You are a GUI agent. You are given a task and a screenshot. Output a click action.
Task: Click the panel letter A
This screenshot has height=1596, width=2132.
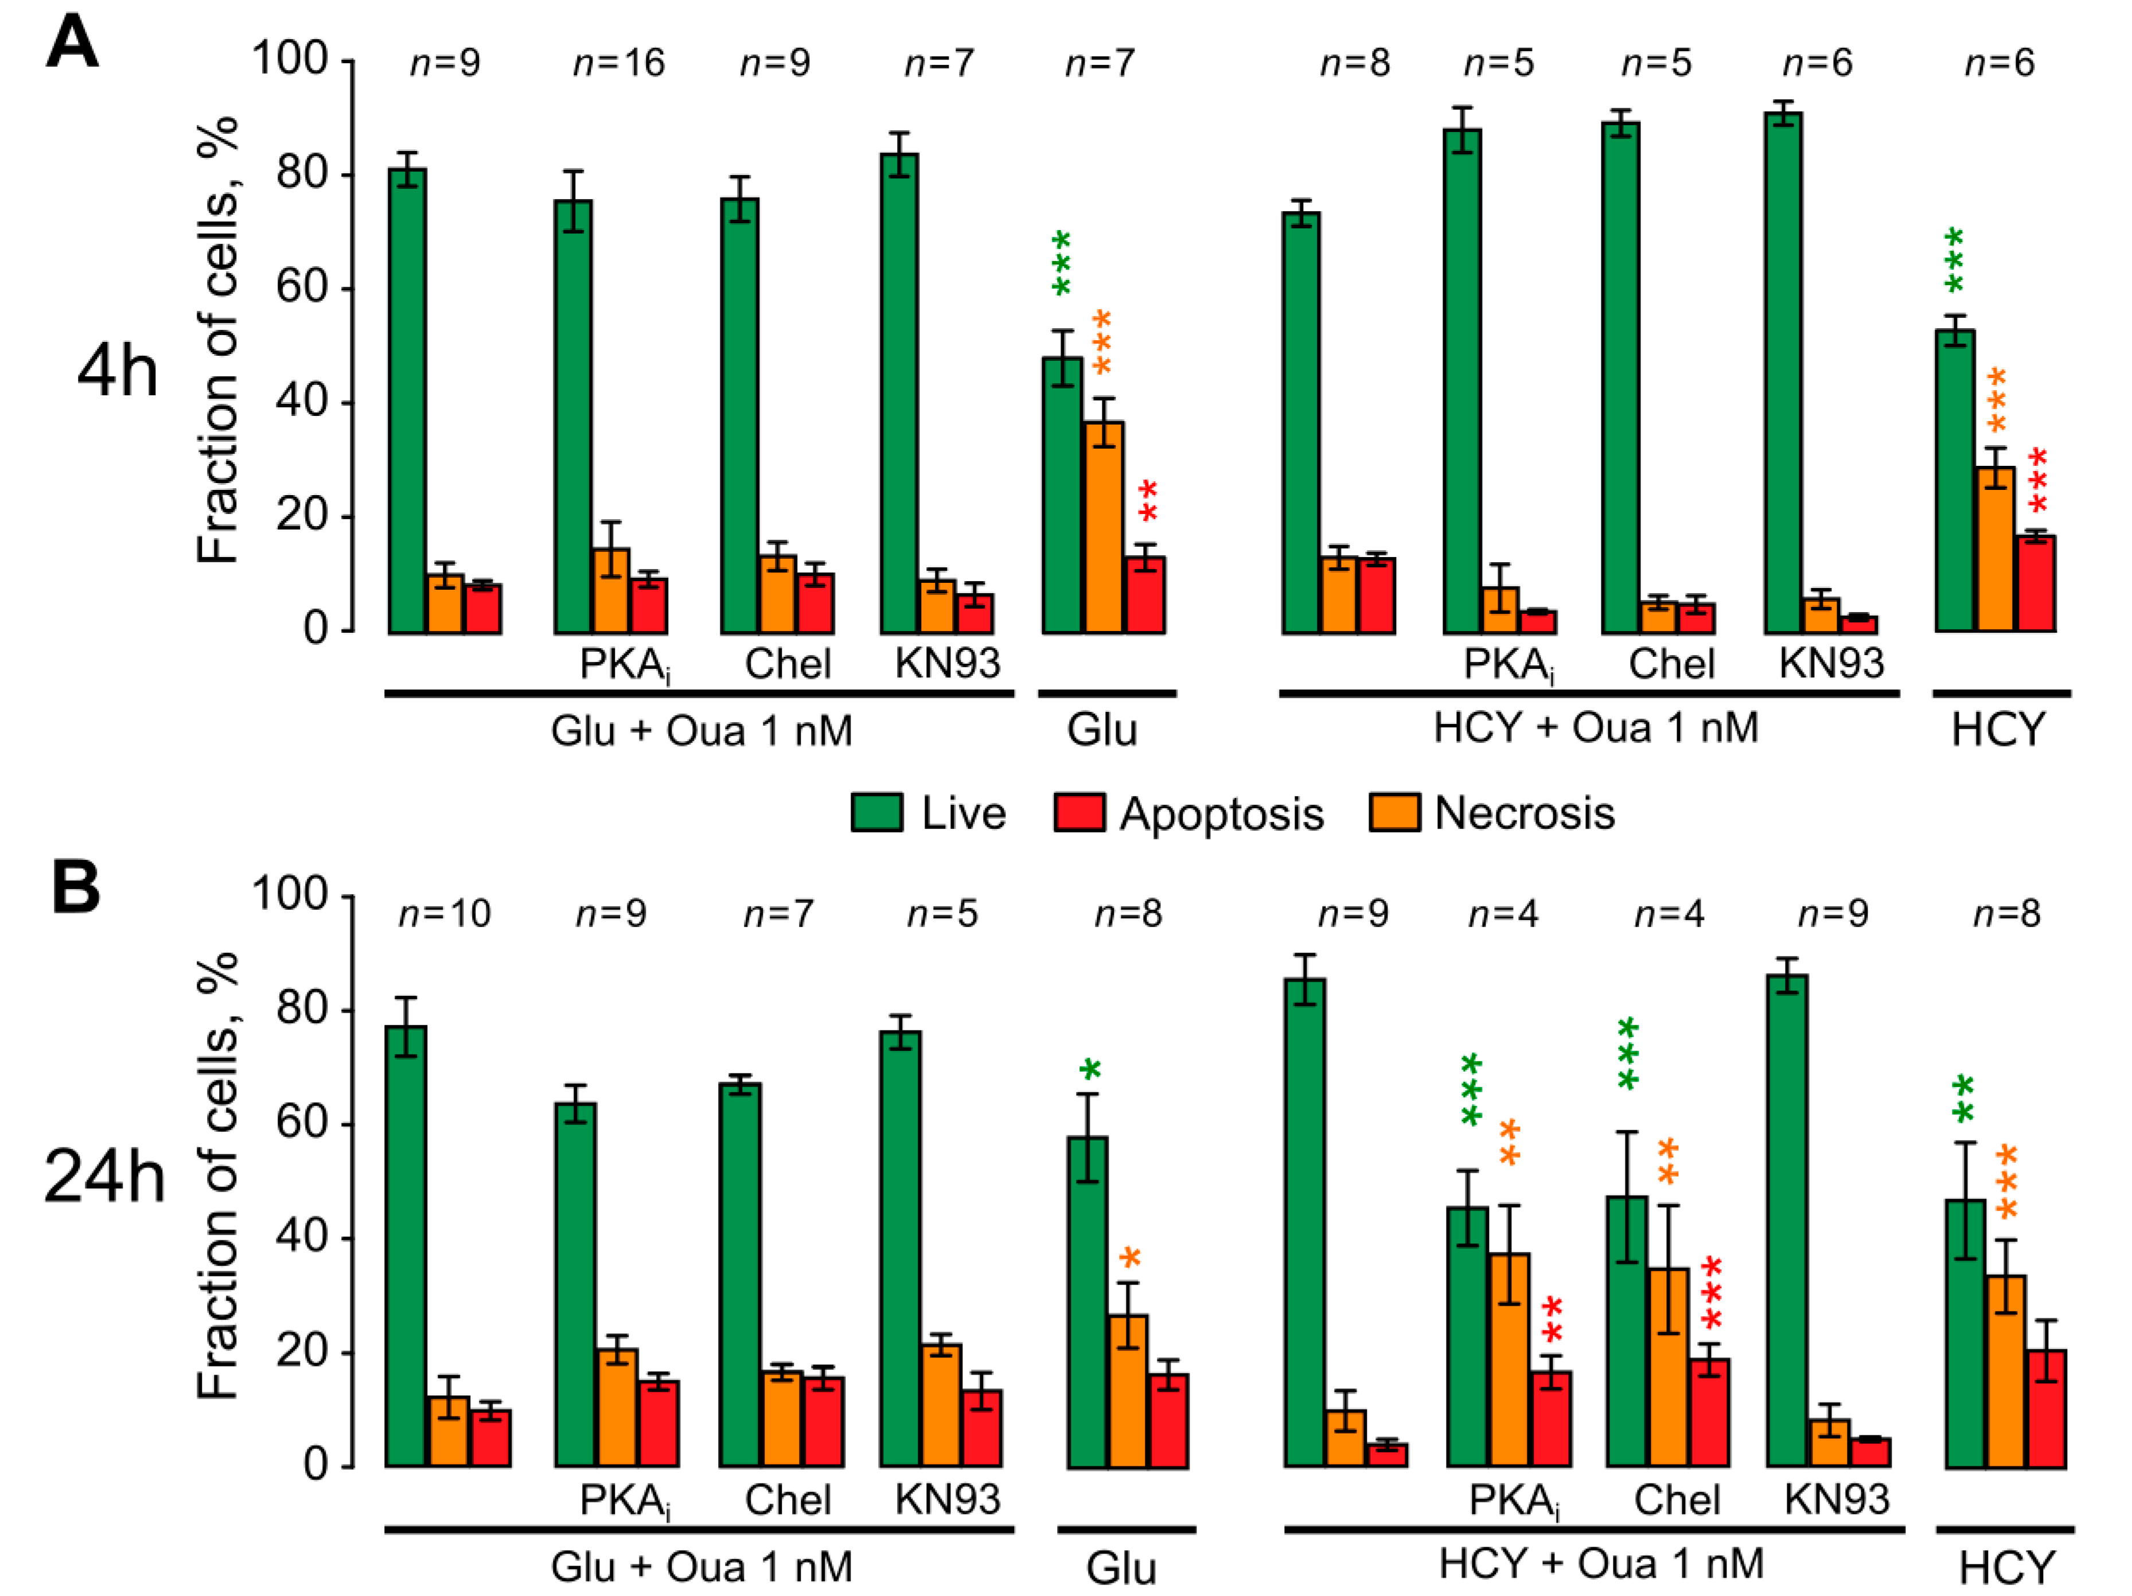(x=72, y=44)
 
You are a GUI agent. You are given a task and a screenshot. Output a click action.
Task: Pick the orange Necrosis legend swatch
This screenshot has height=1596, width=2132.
(x=1394, y=812)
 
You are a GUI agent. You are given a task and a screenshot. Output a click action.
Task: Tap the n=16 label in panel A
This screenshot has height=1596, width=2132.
(x=619, y=64)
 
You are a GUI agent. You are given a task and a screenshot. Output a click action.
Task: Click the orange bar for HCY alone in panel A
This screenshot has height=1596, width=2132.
(x=1995, y=550)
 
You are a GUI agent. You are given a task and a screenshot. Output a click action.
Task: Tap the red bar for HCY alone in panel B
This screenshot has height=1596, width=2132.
(x=2046, y=1409)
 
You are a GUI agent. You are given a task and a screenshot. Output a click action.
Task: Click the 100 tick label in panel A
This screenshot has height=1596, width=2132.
(x=289, y=60)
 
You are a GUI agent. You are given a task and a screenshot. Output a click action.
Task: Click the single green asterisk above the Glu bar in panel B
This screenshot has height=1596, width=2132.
(x=1089, y=1071)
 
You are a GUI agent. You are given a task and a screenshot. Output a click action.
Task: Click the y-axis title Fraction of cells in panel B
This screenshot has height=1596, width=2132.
(x=218, y=1176)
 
